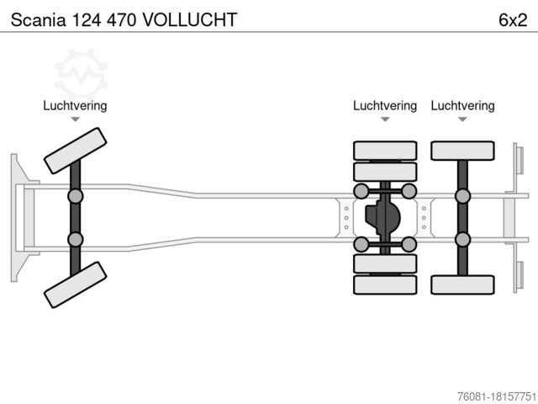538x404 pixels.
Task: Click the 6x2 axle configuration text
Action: point(512,19)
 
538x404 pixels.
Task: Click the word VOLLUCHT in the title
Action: point(190,19)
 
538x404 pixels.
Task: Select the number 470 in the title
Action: point(124,19)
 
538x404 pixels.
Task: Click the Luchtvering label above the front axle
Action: point(75,106)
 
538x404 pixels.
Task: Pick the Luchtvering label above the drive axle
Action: point(385,106)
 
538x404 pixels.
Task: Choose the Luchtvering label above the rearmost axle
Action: point(462,106)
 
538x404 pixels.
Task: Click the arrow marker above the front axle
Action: point(75,120)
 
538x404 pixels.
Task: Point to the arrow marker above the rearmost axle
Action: point(462,120)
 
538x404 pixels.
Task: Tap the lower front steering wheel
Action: point(75,284)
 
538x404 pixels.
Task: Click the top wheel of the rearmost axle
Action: point(462,151)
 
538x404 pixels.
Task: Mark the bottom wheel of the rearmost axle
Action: point(462,284)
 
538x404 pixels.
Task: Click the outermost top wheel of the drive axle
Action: point(385,151)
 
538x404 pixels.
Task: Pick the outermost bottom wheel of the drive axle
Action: point(385,284)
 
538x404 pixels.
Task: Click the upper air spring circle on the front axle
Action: point(76,196)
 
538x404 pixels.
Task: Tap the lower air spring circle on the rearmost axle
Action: point(462,240)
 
